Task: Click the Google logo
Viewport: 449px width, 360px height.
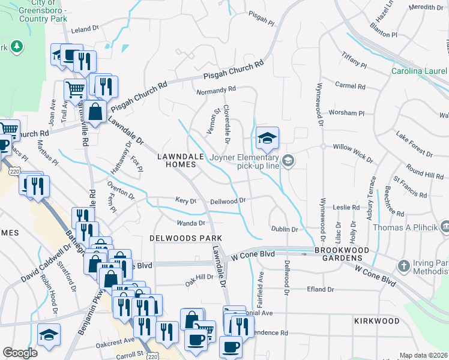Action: (x=20, y=353)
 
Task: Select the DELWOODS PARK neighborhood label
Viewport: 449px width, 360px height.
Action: (x=181, y=238)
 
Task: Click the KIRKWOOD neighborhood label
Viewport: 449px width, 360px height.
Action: (x=376, y=321)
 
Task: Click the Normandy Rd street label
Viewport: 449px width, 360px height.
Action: (x=217, y=91)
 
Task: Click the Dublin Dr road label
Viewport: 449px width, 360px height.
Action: (x=284, y=229)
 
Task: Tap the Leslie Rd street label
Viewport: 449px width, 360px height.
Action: (x=346, y=208)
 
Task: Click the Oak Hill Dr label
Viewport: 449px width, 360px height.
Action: (x=199, y=277)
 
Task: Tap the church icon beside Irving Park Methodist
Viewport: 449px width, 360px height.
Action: (x=405, y=265)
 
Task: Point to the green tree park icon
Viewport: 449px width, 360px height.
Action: (x=17, y=46)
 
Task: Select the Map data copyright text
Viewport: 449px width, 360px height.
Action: (x=424, y=355)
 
